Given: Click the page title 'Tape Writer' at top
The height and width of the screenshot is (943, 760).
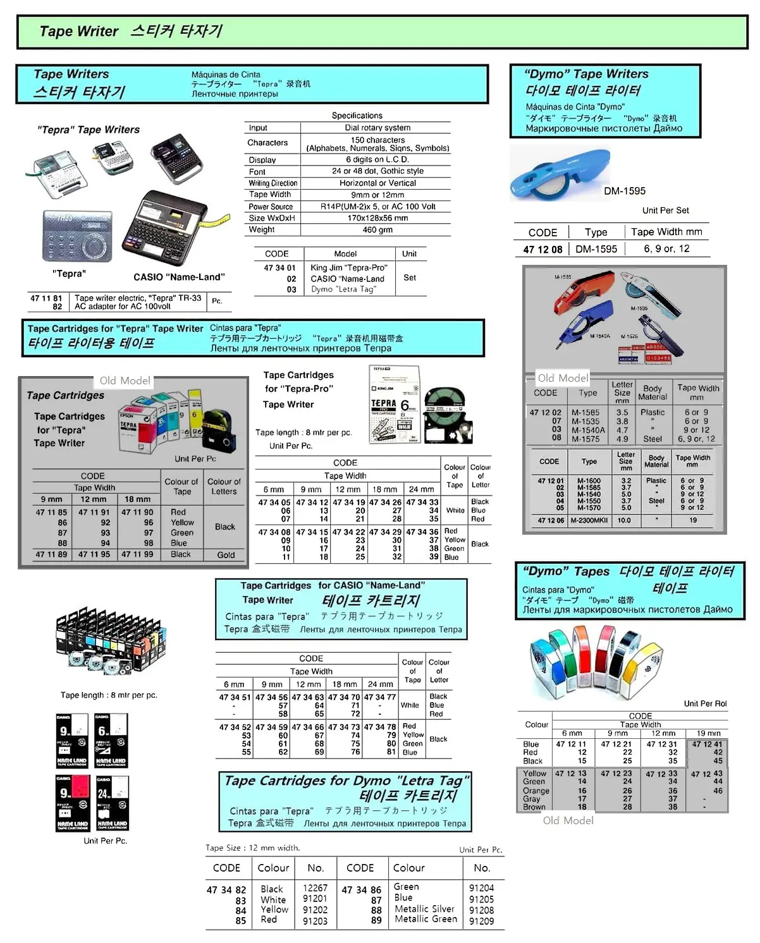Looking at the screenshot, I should coord(78,31).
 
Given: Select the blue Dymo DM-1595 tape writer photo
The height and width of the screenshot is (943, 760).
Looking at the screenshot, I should coord(559,174).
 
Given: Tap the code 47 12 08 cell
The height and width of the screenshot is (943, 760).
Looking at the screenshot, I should coord(542,249).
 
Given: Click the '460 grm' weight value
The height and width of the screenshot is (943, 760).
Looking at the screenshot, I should coord(377,230).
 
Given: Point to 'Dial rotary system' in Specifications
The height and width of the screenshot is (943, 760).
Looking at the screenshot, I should coord(377,128).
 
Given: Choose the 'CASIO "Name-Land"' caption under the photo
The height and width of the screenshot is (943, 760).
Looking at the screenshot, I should coord(179,277).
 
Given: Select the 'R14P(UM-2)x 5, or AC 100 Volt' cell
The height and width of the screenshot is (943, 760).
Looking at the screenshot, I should coord(377,207).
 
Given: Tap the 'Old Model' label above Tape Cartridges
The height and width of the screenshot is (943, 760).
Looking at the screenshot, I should coord(125,380).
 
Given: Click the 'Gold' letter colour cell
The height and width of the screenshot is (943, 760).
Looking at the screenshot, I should coord(226,555).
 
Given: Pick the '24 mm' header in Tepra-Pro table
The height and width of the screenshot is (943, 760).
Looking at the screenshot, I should coord(421,489).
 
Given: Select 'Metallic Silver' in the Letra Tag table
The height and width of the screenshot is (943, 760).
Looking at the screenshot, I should coord(424,909).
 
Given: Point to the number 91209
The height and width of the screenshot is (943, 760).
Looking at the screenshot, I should coord(481,921).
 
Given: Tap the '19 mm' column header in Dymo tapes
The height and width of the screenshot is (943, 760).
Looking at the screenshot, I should coord(708,733).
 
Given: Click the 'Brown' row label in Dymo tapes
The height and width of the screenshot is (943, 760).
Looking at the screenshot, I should coord(534,807).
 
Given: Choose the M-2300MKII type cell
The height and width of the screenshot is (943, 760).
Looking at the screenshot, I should coord(589,520).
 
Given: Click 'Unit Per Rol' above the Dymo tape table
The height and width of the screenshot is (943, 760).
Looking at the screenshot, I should coord(705,703).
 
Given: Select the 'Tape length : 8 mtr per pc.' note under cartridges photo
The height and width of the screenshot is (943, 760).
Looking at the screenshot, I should coord(109,695).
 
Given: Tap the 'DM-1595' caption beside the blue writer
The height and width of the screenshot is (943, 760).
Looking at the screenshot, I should coord(625,191).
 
